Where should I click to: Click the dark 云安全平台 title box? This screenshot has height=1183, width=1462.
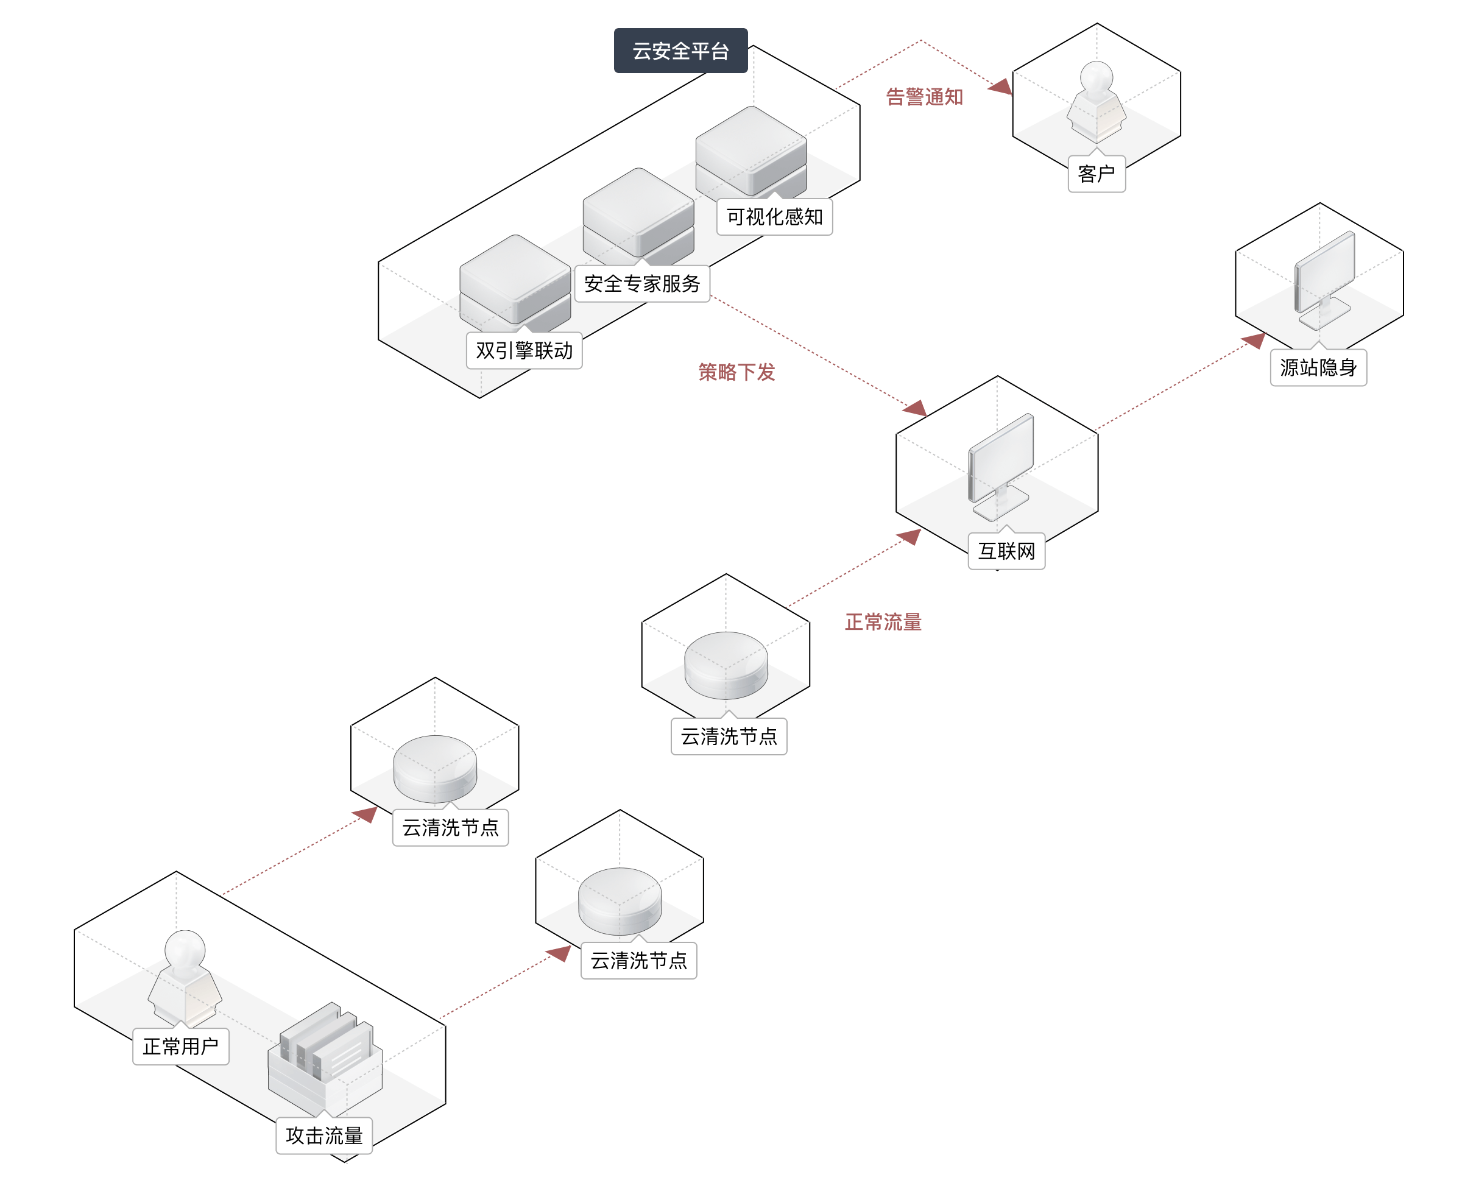tap(680, 51)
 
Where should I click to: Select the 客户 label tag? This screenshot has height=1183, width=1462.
tap(1096, 174)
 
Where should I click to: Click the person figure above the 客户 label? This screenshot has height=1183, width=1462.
tap(1096, 101)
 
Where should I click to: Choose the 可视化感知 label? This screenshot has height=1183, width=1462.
tap(775, 217)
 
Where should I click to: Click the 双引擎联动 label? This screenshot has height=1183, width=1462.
tap(524, 351)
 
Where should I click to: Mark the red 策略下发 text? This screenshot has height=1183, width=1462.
tap(736, 372)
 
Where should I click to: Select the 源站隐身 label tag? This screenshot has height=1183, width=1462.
tap(1318, 368)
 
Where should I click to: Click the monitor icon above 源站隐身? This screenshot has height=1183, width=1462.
tap(1324, 280)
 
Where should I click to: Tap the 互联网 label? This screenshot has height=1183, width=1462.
tap(1006, 551)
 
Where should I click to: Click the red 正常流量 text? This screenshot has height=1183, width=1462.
tap(883, 621)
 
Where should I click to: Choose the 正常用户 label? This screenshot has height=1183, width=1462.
tap(180, 1046)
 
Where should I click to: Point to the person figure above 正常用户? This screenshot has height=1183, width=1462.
tap(185, 977)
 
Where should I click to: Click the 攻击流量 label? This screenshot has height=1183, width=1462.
tap(324, 1136)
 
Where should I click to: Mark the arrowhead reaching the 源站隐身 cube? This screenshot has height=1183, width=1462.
tap(1254, 340)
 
